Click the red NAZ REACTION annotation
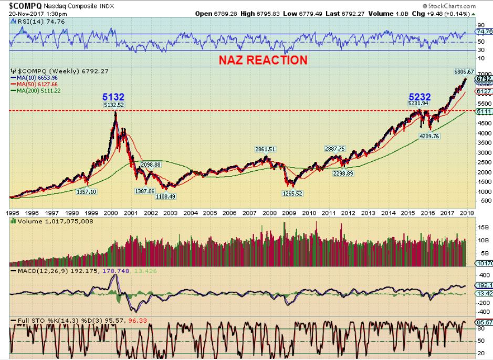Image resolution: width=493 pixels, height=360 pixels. [x=263, y=60]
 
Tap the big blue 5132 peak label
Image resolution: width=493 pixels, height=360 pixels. [x=114, y=97]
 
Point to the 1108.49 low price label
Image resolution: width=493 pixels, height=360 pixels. [x=165, y=196]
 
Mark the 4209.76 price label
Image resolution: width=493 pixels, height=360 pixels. [x=428, y=136]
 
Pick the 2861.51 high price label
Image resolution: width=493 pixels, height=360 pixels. [x=266, y=149]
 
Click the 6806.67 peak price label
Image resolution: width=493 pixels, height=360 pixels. [x=464, y=71]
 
